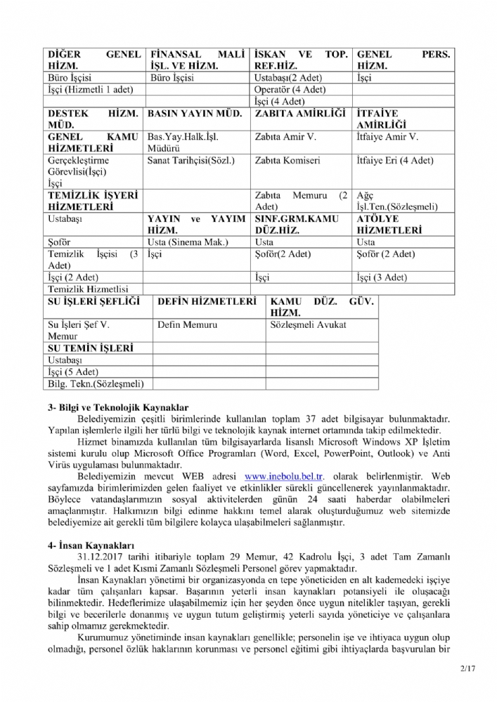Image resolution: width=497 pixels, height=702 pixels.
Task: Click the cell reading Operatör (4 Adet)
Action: click(x=290, y=89)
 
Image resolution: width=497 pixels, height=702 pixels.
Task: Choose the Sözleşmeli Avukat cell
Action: click(x=308, y=325)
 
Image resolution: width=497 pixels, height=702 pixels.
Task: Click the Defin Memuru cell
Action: click(x=187, y=325)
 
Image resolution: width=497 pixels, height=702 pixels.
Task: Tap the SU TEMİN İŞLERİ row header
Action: click(x=89, y=348)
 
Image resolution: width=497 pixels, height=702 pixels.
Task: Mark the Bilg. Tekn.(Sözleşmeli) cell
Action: click(x=95, y=384)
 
